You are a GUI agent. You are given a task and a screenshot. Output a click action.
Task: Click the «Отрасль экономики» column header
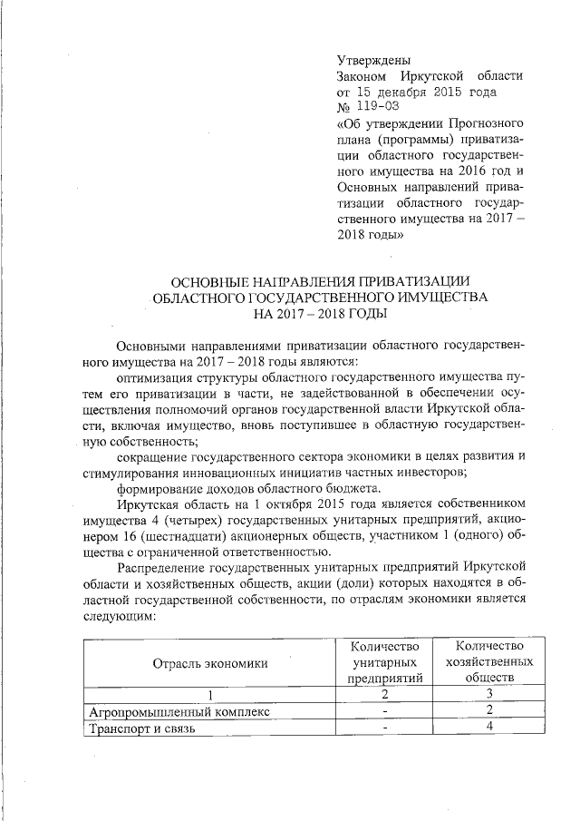209,662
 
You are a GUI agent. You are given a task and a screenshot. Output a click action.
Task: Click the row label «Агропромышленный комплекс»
167,710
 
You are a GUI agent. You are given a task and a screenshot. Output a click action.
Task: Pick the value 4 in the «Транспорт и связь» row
488,727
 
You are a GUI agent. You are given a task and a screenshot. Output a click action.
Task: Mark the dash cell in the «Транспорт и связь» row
385,727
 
